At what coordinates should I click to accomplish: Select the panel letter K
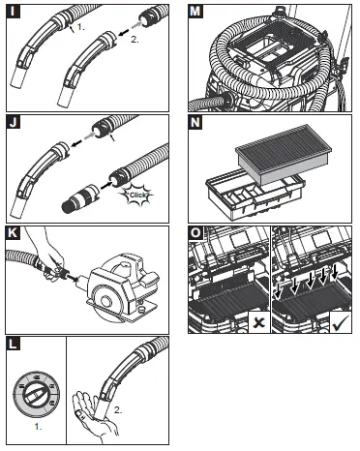[11, 232]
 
